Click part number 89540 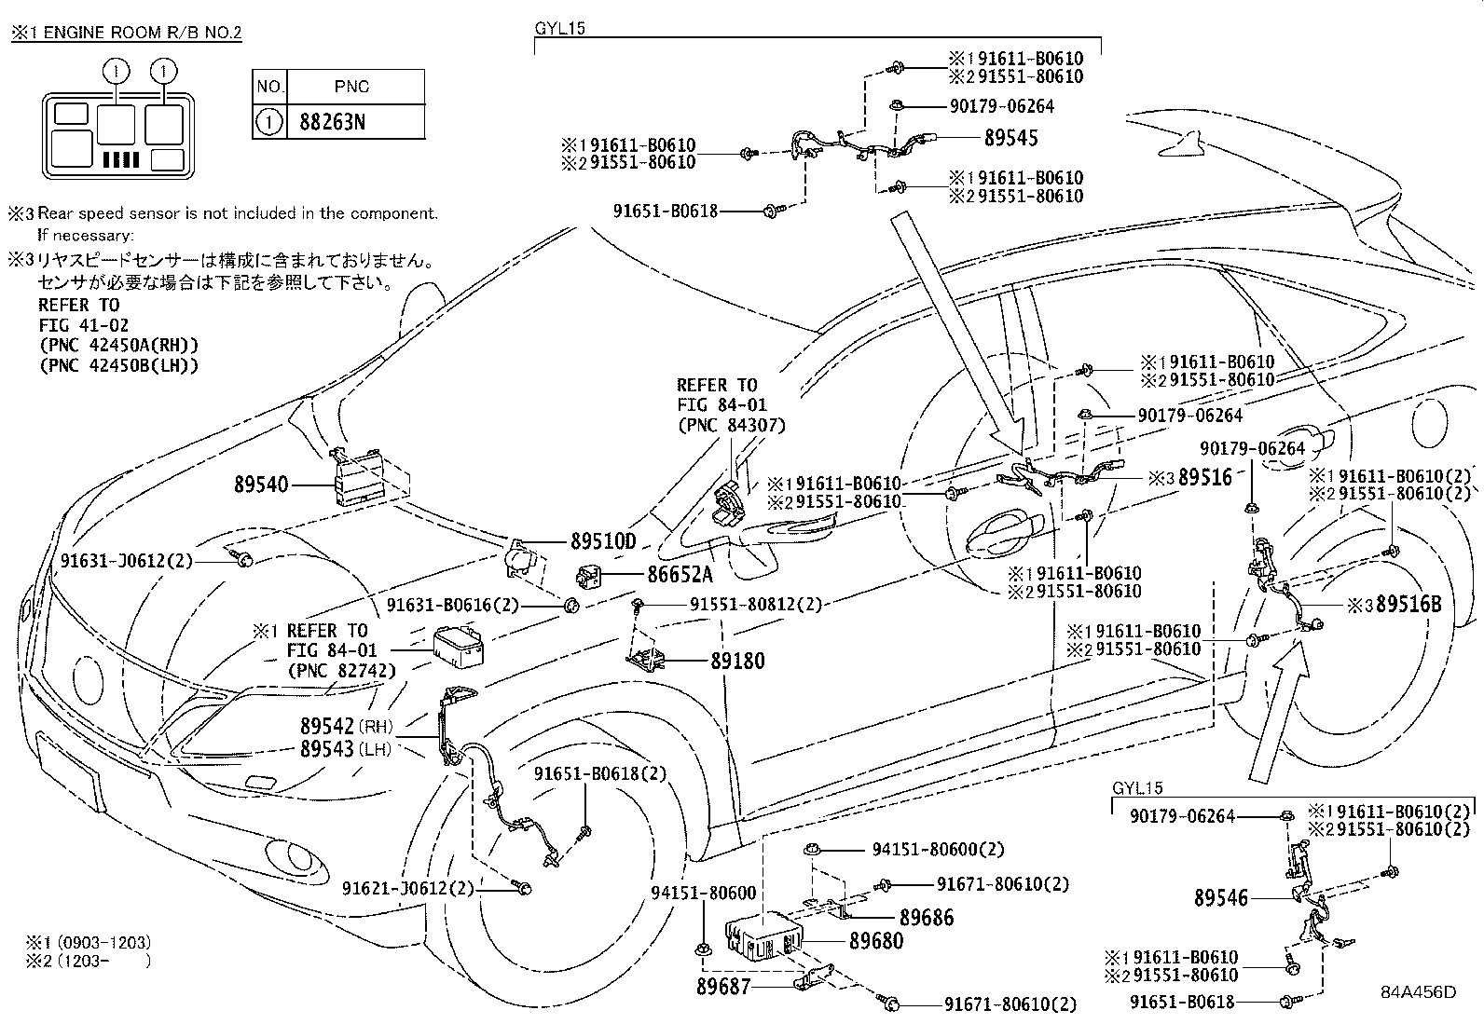tap(261, 485)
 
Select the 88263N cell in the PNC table tap(332, 122)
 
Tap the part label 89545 tap(1010, 138)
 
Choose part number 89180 tap(737, 661)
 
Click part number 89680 tap(876, 941)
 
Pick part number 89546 tap(1221, 898)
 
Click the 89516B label tap(1408, 605)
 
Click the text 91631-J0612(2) tap(127, 562)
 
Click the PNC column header tap(351, 87)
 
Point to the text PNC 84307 tap(731, 425)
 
